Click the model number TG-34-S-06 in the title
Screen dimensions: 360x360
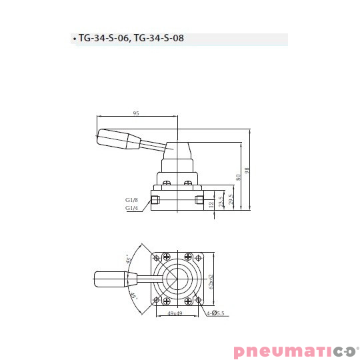(x=103, y=39)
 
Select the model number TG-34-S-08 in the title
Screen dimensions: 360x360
(x=159, y=39)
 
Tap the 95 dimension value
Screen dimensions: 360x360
(x=136, y=114)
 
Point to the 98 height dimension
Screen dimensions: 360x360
(x=247, y=171)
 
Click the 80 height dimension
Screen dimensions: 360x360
(x=237, y=178)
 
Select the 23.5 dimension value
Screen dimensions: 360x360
(x=220, y=201)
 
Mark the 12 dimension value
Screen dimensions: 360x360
(x=211, y=204)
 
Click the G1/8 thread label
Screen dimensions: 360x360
(x=131, y=199)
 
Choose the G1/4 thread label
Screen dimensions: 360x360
(x=131, y=208)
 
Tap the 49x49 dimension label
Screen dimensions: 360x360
(x=175, y=313)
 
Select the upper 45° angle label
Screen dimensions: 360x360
(x=128, y=259)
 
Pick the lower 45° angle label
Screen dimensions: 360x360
(x=133, y=297)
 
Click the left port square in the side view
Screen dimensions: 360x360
(x=155, y=199)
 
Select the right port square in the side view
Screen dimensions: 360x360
(x=198, y=199)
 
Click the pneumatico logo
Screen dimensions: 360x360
(x=295, y=350)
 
